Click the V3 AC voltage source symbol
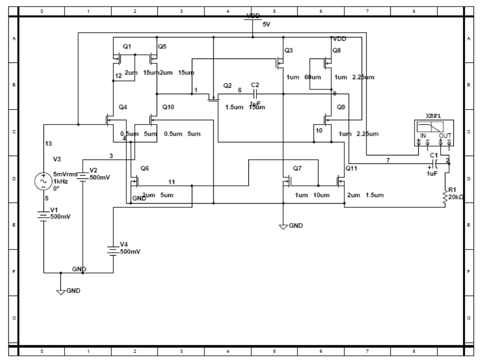(43, 180)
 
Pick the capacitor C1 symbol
(435, 163)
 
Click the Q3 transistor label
(288, 50)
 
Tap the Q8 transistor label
(336, 50)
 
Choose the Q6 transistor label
(145, 168)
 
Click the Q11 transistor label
(351, 168)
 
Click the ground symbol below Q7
(284, 227)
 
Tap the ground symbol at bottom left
(60, 291)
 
